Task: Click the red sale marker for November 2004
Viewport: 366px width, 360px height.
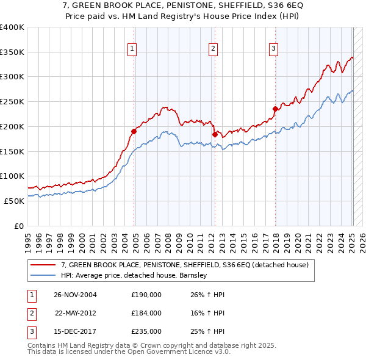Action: pyautogui.click(x=134, y=131)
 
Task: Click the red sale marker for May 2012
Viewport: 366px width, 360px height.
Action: pyautogui.click(x=214, y=134)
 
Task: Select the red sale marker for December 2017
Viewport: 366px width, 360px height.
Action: pyautogui.click(x=275, y=109)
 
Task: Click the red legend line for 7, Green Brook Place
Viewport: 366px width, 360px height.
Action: pyautogui.click(x=43, y=265)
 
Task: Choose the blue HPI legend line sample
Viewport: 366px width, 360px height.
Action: pyautogui.click(x=43, y=275)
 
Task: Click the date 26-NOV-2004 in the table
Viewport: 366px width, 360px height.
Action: pyautogui.click(x=75, y=294)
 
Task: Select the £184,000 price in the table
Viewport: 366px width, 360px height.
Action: pyautogui.click(x=146, y=312)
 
